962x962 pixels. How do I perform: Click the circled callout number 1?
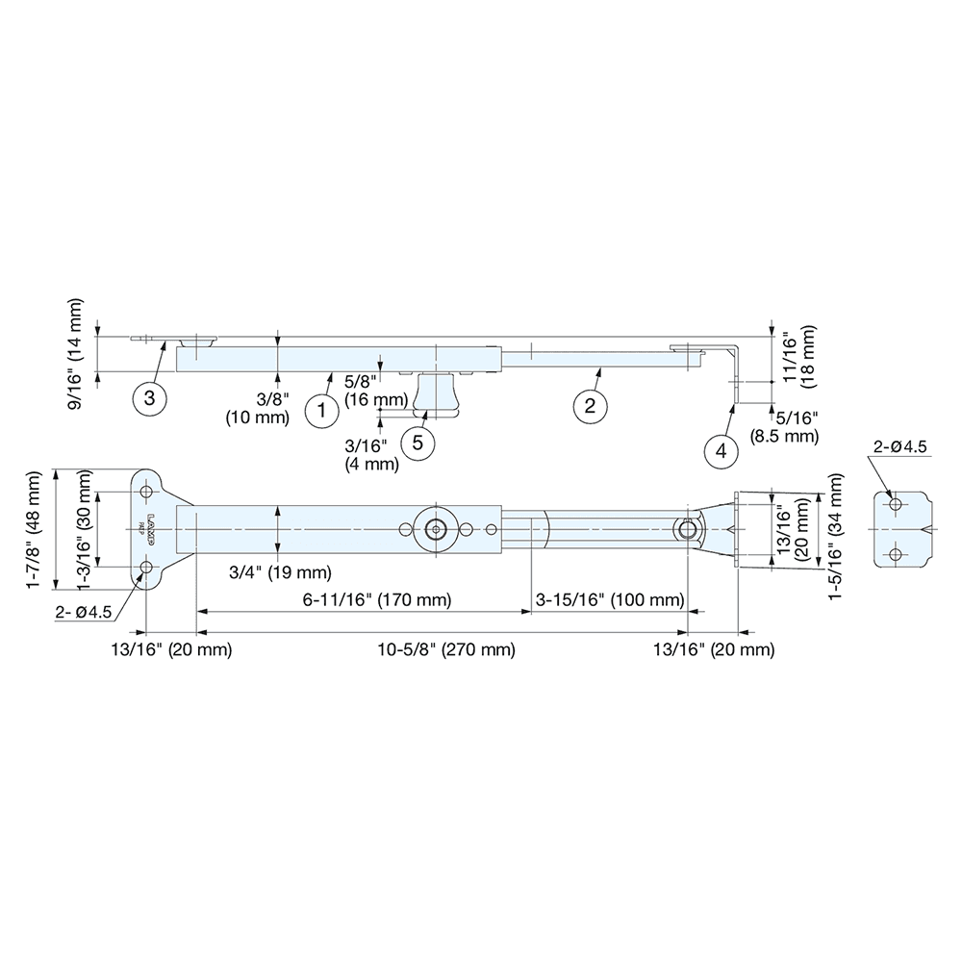click(321, 412)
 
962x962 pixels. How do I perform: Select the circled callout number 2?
click(590, 406)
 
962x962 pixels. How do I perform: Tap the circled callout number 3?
click(149, 396)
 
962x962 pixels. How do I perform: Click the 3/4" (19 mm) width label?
click(277, 572)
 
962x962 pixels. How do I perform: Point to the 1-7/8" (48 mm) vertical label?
click(36, 530)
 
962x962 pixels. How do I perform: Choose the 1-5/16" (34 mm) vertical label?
click(834, 530)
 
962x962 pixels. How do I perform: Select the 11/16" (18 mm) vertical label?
click(801, 358)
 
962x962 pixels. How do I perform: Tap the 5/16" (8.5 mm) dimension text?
click(785, 427)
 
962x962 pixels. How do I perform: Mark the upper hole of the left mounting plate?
click(147, 492)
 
